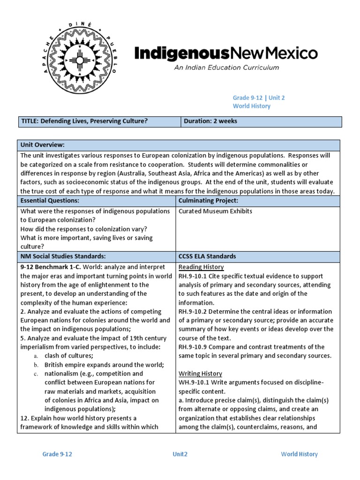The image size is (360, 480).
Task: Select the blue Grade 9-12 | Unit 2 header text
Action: pos(259,97)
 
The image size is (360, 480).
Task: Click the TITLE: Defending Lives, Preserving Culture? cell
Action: pos(85,121)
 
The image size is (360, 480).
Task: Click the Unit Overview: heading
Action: pos(42,145)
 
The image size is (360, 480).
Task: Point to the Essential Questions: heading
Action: pos(49,201)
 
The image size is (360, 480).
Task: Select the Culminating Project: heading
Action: pos(205,201)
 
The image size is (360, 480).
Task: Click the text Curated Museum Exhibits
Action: pos(215,211)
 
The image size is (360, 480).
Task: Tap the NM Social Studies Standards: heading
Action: pos(63,256)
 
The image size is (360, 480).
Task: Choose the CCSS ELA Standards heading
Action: pos(207,256)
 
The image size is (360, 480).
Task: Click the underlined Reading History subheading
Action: pos(201,267)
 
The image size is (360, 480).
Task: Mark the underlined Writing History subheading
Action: pos(200,374)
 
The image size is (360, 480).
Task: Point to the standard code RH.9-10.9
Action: pos(194,347)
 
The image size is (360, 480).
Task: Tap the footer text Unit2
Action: pos(180,454)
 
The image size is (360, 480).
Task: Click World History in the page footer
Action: pos(299,454)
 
